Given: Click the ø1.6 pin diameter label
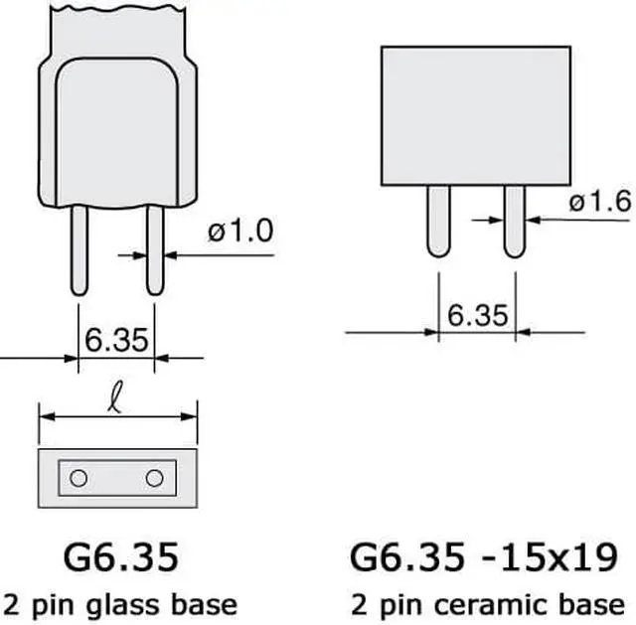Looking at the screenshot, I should click(x=601, y=203).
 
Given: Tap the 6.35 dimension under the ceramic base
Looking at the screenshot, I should click(x=478, y=315).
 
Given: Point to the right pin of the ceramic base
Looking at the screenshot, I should click(x=515, y=222).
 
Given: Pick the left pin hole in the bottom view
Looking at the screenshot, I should click(x=79, y=478).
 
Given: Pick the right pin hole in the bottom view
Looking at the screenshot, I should click(x=154, y=478).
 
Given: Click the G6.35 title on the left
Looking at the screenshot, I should click(x=118, y=556).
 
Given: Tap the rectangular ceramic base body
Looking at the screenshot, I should click(x=477, y=114).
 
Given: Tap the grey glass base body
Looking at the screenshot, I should click(x=116, y=129).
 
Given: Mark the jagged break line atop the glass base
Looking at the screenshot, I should click(x=116, y=13).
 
